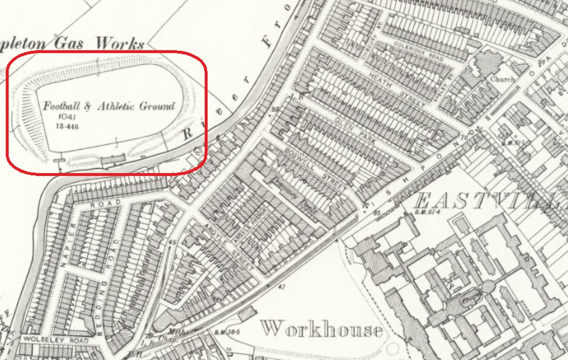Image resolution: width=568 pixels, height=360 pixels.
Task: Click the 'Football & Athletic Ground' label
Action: [x=108, y=107]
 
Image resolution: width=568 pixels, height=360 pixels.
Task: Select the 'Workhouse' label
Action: [x=321, y=329]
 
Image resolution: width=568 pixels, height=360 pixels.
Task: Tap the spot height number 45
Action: [x=172, y=242]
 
